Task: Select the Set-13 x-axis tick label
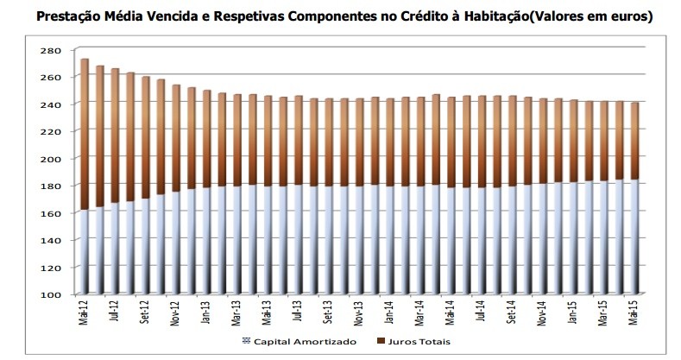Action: [x=329, y=315]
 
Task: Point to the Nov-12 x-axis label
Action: [x=176, y=315]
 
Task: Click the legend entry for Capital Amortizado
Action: [x=299, y=342]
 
